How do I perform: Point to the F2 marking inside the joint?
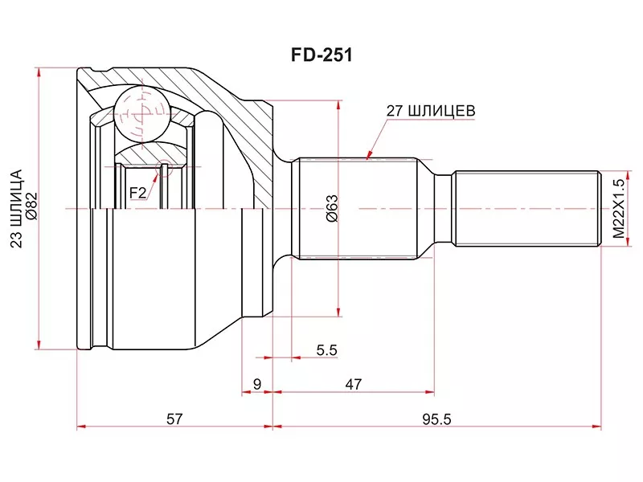coord(137,192)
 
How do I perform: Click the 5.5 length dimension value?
coord(326,350)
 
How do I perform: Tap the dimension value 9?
coord(257,385)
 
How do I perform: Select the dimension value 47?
coord(353,385)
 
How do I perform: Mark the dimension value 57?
coord(174,419)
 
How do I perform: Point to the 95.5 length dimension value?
coord(436,419)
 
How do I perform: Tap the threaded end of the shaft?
coord(526,208)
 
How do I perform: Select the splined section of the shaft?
coord(354,208)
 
